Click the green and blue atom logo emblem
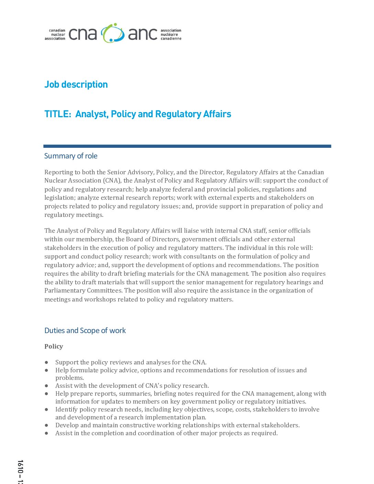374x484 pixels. tap(113, 33)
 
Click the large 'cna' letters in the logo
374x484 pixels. tap(83, 34)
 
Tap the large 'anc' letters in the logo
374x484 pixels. tap(143, 34)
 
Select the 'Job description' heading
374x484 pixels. tap(76, 85)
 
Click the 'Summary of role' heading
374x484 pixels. tap(71, 156)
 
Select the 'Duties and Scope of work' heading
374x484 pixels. tap(85, 331)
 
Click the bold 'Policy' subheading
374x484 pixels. tap(54, 346)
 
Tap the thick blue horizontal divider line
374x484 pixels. tap(187, 146)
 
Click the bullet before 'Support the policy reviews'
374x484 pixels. tap(46, 362)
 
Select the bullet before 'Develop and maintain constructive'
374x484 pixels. tap(46, 425)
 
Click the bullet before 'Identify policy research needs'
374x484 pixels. tap(46, 409)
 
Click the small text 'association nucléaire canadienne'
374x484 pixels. tap(171, 34)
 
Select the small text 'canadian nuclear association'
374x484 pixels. tap(55, 34)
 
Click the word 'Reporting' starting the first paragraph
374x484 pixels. tap(58, 172)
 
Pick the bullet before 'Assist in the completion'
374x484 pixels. tap(46, 433)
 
